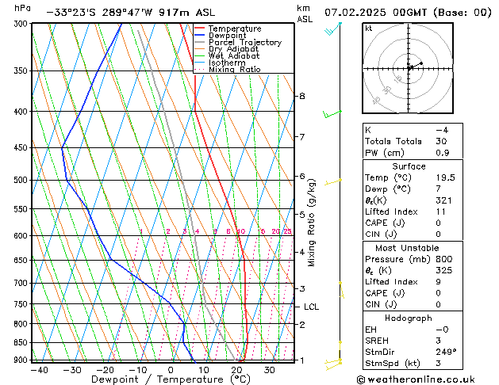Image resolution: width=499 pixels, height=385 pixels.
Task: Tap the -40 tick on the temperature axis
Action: click(36, 369)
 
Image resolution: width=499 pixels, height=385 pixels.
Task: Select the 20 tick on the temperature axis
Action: click(236, 369)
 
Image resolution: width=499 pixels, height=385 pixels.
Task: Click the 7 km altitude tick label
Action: click(301, 137)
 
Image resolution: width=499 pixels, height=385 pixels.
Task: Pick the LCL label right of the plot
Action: click(311, 307)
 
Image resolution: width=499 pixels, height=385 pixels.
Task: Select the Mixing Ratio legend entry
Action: click(234, 69)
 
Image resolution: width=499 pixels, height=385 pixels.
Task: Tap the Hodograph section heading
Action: click(409, 318)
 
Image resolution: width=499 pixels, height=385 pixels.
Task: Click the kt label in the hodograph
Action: click(368, 28)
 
